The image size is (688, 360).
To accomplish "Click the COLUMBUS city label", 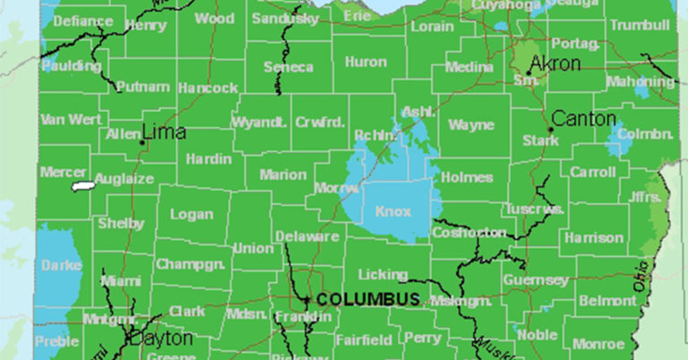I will (368, 299).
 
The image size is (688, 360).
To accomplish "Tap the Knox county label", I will (394, 211).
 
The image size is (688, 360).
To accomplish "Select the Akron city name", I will (555, 64).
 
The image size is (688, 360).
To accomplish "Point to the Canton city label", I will (584, 118).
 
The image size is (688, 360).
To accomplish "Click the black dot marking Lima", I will (142, 141).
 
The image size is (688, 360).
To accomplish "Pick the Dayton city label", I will (160, 339).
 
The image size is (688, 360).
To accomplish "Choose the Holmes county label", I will (467, 177).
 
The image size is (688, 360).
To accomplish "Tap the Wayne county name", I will (471, 124).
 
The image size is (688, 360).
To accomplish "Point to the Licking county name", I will (383, 274).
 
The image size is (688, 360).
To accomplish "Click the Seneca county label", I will (288, 67).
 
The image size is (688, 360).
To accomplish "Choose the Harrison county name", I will (593, 238).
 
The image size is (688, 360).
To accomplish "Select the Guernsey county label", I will (536, 280).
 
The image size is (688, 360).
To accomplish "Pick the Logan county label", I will (192, 215).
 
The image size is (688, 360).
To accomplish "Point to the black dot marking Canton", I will (551, 129).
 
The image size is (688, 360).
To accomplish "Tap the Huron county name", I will (365, 63).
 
